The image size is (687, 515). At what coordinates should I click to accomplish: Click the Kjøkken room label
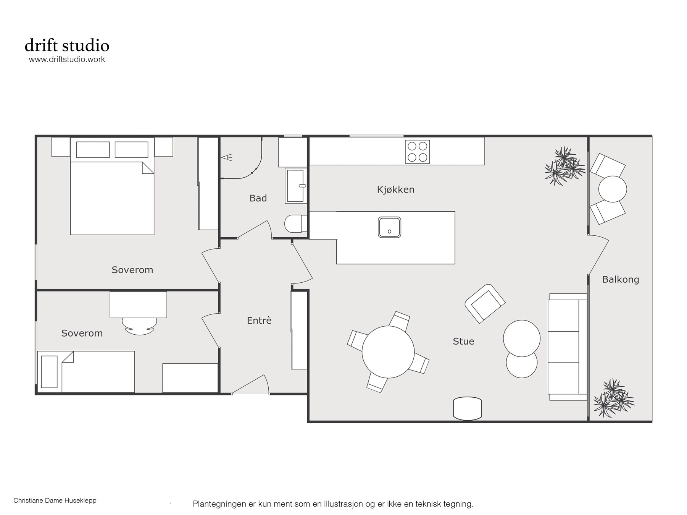(395, 189)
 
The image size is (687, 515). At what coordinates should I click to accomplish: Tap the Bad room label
(258, 198)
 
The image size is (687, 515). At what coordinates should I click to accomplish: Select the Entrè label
(259, 321)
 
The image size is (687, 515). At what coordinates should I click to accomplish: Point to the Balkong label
(621, 280)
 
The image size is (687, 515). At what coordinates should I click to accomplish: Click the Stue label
(463, 341)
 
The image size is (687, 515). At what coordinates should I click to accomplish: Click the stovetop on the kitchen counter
(417, 152)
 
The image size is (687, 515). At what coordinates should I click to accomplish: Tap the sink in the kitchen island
(389, 227)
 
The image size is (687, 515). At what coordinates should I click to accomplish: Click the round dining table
(388, 352)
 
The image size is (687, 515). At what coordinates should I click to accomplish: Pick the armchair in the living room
(485, 304)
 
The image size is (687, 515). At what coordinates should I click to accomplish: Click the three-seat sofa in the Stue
(568, 347)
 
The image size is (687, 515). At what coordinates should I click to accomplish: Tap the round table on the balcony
(612, 189)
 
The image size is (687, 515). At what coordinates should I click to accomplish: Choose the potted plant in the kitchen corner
(564, 165)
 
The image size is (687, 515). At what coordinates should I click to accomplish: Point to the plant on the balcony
(613, 398)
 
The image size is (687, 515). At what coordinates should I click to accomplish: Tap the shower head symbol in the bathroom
(227, 157)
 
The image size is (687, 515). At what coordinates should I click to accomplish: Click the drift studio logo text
(67, 45)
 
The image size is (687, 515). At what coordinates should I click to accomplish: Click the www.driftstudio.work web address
(67, 60)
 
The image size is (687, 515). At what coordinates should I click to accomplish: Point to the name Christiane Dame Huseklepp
(55, 500)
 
